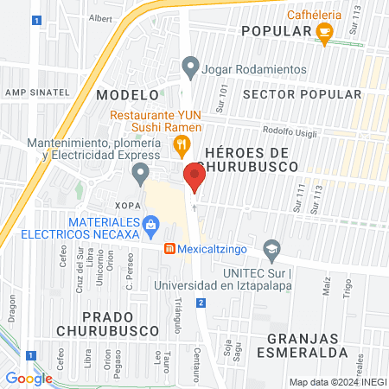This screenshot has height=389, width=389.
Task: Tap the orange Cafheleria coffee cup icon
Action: (x=324, y=34)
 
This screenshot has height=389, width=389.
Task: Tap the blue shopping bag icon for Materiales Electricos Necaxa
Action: (x=151, y=226)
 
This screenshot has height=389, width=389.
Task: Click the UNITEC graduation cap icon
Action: (x=272, y=249)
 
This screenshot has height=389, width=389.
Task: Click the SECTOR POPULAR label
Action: (x=302, y=93)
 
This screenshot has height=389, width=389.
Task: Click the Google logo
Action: (x=29, y=378)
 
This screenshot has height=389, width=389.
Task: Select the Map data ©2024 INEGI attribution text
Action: (x=335, y=382)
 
